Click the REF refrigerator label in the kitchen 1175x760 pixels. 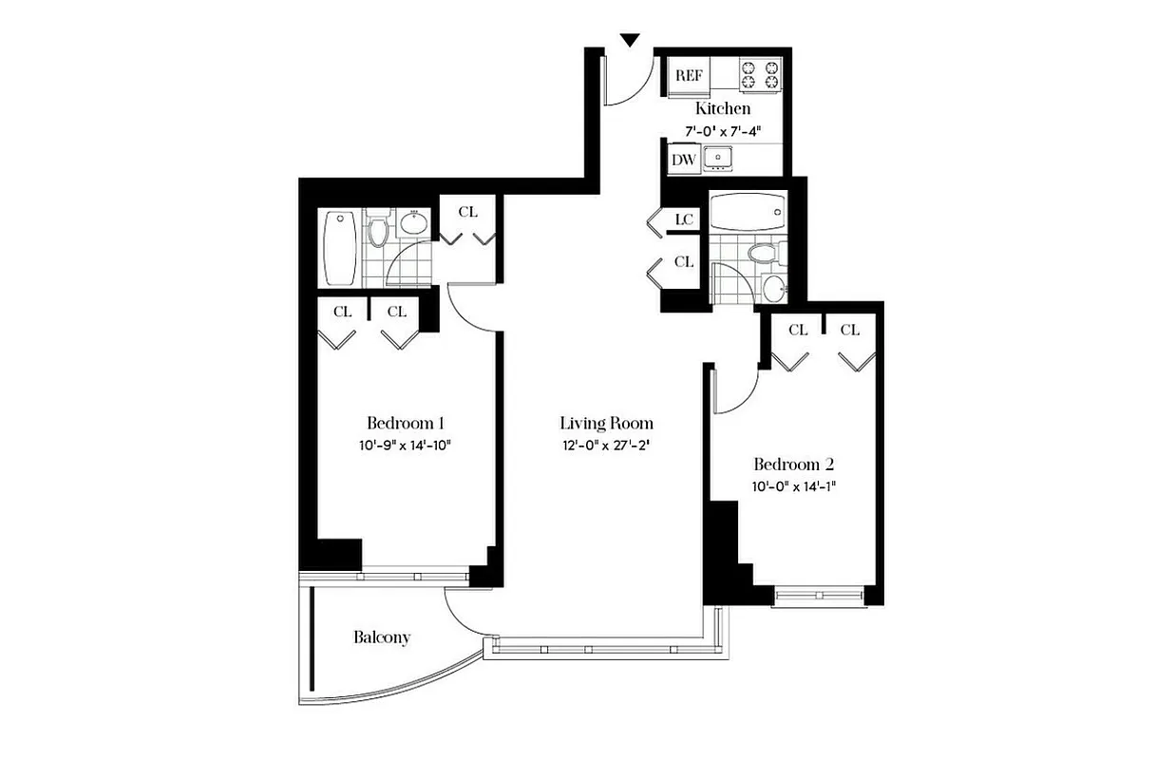pos(688,74)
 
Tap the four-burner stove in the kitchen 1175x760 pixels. pos(761,75)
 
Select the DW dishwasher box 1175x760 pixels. pos(684,160)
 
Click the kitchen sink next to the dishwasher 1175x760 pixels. pos(721,158)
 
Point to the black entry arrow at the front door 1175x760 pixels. pos(630,40)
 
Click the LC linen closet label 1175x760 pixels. pos(684,219)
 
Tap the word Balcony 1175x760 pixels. pos(382,636)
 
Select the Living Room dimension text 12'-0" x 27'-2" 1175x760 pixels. pos(606,445)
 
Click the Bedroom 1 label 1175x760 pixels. pos(406,423)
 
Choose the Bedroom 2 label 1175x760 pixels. pos(793,465)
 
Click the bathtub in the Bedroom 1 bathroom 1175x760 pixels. pos(340,248)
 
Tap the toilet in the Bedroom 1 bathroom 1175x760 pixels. pos(378,231)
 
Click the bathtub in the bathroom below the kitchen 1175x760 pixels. pos(749,212)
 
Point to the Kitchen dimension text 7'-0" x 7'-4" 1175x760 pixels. pos(723,132)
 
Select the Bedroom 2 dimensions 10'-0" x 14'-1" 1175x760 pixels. pos(793,486)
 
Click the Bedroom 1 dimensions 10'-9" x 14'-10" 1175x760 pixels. pos(406,445)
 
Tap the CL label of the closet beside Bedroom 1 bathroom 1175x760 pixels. pos(467,212)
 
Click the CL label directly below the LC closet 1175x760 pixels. pos(684,260)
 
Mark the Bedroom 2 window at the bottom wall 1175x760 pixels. pos(820,596)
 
